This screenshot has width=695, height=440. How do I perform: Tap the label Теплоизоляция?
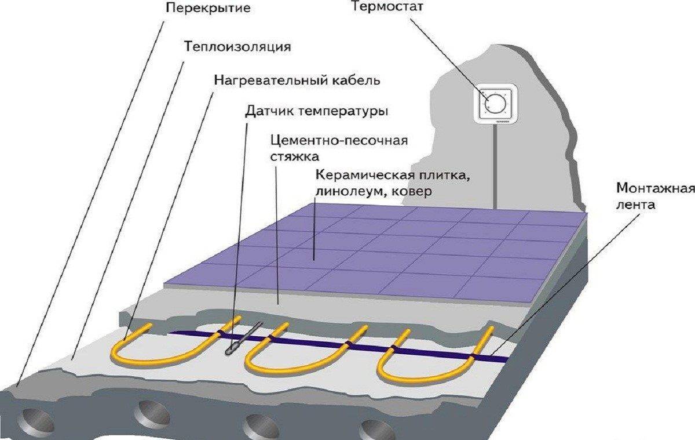pos(237,47)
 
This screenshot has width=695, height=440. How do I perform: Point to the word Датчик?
pos(269,111)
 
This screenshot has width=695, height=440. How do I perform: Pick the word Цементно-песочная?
pos(339,141)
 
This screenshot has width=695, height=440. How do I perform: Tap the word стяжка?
pos(294,157)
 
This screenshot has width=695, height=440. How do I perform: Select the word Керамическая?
pos(364,176)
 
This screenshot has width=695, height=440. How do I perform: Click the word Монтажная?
pos(655,188)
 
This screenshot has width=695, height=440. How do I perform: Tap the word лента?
pos(635,205)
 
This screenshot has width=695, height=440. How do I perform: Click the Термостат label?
pos(387,8)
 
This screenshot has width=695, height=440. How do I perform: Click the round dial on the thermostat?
pos(496,103)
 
